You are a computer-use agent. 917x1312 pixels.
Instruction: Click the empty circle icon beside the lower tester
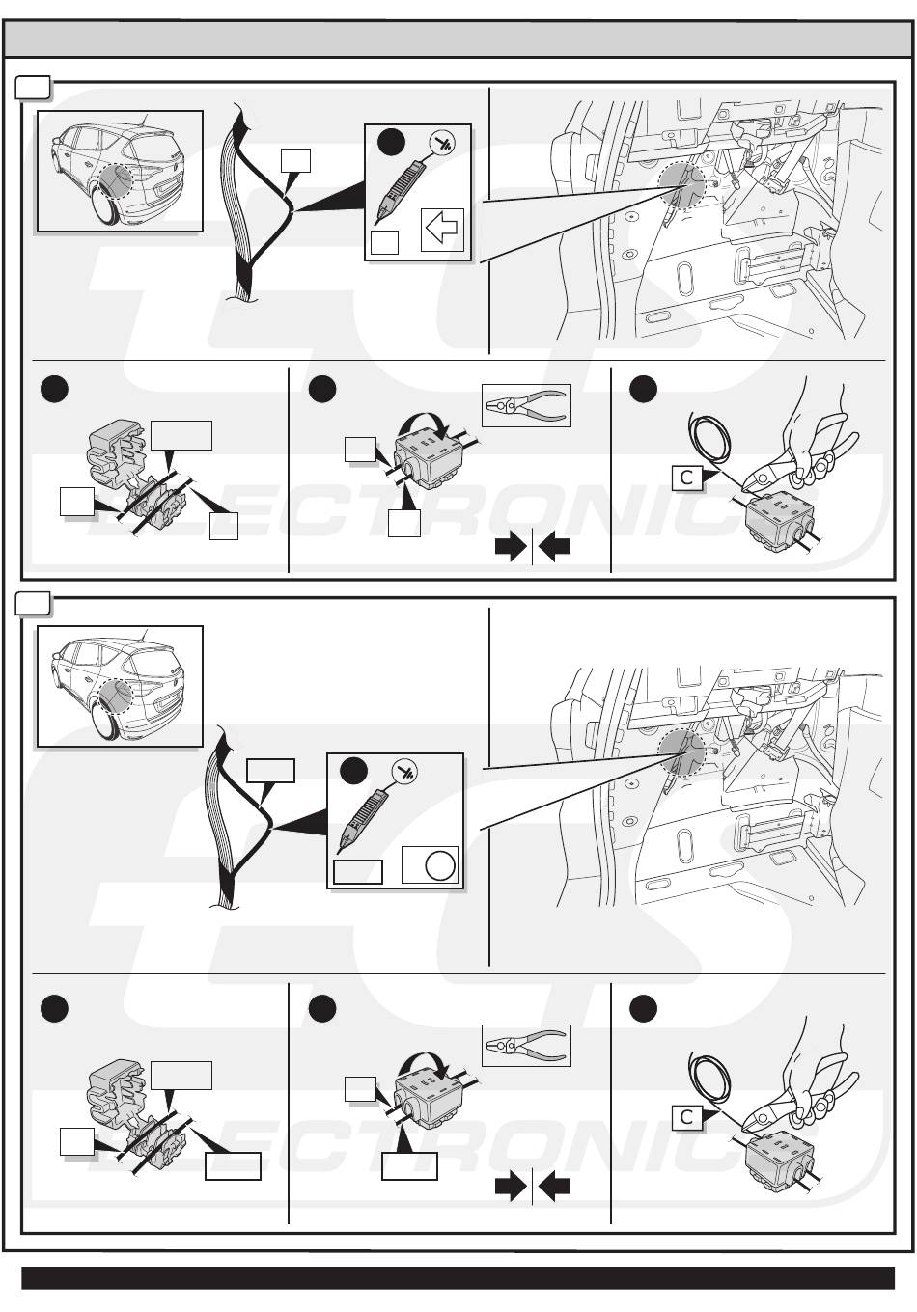(x=440, y=865)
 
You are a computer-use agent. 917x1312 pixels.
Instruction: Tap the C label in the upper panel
(x=686, y=478)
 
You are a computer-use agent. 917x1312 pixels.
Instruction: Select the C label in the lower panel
(x=686, y=1117)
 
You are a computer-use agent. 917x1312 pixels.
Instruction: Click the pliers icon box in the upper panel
(x=526, y=405)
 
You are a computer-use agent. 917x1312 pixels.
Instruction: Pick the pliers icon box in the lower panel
(x=526, y=1046)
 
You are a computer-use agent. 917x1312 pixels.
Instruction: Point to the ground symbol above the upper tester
(x=443, y=143)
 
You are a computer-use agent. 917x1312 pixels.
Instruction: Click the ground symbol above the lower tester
(x=405, y=772)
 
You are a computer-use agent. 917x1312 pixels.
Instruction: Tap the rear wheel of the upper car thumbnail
(x=105, y=205)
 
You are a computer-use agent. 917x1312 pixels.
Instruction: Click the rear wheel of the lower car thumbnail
(x=105, y=721)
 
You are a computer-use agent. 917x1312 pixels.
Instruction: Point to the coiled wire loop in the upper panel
(x=709, y=438)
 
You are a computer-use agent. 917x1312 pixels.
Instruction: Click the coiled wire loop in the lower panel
(x=709, y=1079)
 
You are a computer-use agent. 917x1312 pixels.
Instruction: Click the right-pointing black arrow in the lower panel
(x=511, y=1187)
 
